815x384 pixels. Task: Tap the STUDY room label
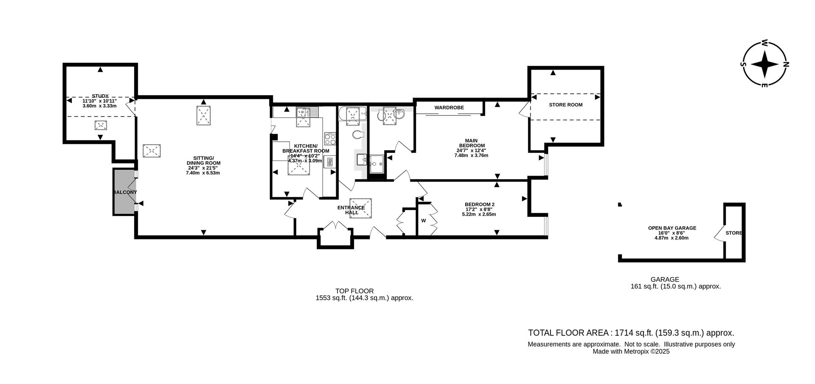click(100, 96)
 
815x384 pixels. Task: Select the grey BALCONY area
click(124, 192)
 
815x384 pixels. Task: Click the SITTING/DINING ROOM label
click(203, 163)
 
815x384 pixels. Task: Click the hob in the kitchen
click(330, 138)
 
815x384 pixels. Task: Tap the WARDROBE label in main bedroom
click(449, 108)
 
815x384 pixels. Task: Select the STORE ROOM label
click(565, 105)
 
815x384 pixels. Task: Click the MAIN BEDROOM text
click(471, 143)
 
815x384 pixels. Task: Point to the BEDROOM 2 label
click(479, 205)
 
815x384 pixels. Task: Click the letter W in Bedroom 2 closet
click(423, 221)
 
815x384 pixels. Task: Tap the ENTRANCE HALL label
click(351, 210)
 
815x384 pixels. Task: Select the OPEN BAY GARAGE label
click(672, 228)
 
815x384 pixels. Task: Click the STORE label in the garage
click(733, 233)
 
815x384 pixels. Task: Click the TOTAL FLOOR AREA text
click(631, 333)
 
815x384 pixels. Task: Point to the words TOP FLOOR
click(354, 291)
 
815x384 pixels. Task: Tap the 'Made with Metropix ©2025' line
click(631, 351)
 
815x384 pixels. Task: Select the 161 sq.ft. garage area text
click(675, 286)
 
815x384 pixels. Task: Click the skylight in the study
click(101, 125)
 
